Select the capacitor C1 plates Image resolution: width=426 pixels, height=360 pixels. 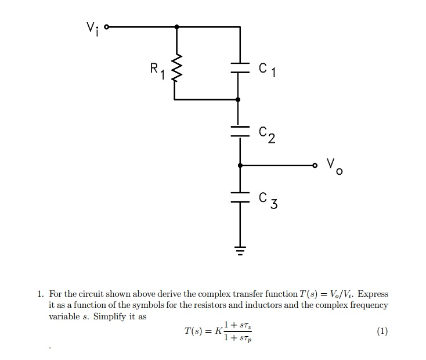click(x=239, y=68)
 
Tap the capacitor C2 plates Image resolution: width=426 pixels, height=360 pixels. click(x=239, y=131)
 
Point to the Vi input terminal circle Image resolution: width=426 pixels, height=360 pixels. click(x=106, y=27)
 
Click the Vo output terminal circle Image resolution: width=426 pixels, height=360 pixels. click(x=316, y=165)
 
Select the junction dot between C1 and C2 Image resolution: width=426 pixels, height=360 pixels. click(x=239, y=100)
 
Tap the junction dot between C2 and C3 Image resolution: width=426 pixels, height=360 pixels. click(x=239, y=165)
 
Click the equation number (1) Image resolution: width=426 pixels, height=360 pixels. click(x=382, y=332)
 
